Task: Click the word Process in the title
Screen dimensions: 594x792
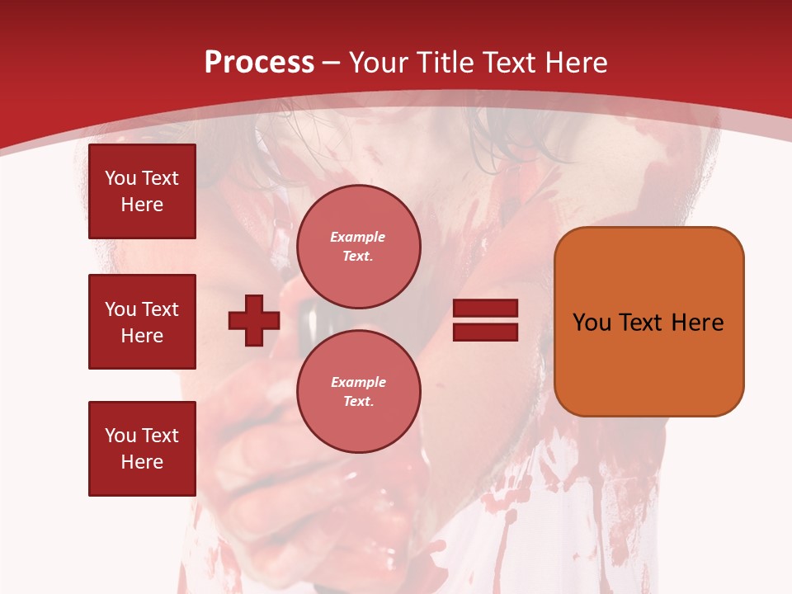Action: tap(259, 63)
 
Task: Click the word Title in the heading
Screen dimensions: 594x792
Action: tap(446, 63)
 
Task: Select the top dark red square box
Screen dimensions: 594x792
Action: tap(142, 191)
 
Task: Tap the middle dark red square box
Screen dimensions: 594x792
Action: tap(142, 322)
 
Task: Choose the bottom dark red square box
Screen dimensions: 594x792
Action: tap(142, 449)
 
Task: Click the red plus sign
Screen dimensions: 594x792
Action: tap(254, 320)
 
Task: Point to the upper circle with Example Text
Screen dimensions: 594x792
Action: tap(358, 246)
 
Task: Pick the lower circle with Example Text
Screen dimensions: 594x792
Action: tap(358, 391)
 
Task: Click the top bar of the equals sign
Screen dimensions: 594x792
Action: tap(486, 309)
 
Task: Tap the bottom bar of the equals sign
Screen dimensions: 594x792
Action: tap(486, 332)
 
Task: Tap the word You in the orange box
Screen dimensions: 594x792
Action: tap(592, 322)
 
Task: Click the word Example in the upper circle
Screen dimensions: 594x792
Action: tap(358, 237)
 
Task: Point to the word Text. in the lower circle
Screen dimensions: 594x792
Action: tap(358, 401)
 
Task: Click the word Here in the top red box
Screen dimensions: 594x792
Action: tap(142, 205)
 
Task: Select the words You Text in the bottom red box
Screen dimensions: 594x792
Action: tap(142, 436)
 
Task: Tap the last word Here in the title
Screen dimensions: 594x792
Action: tap(577, 63)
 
